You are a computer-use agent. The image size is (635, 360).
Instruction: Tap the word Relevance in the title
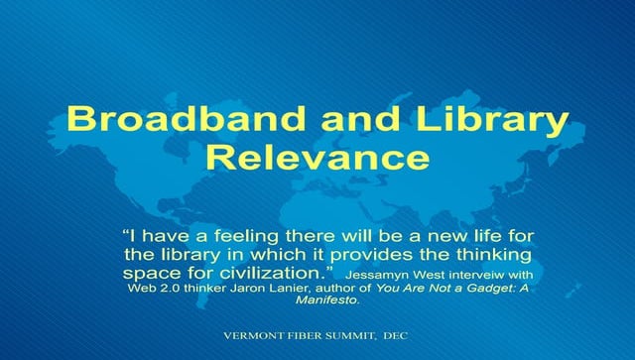point(317,158)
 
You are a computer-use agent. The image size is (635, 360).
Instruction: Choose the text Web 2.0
point(151,288)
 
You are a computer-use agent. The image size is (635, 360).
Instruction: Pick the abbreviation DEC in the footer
point(396,335)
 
